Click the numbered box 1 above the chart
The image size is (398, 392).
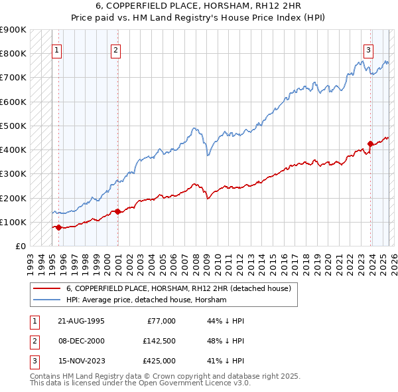pyautogui.click(x=56, y=49)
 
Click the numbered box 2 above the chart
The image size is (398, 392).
pyautogui.click(x=115, y=49)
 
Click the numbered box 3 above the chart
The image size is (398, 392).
pyautogui.click(x=368, y=49)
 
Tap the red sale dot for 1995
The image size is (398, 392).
pyautogui.click(x=58, y=227)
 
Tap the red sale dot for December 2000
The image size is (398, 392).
pyautogui.click(x=117, y=212)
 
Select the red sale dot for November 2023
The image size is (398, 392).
pyautogui.click(x=370, y=144)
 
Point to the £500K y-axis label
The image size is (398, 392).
pyautogui.click(x=13, y=126)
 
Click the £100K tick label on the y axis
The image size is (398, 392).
pyautogui.click(x=13, y=222)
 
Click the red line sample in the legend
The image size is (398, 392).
pyautogui.click(x=46, y=288)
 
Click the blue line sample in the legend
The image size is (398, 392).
pyautogui.click(x=46, y=300)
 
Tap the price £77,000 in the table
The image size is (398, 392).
pyautogui.click(x=160, y=321)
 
